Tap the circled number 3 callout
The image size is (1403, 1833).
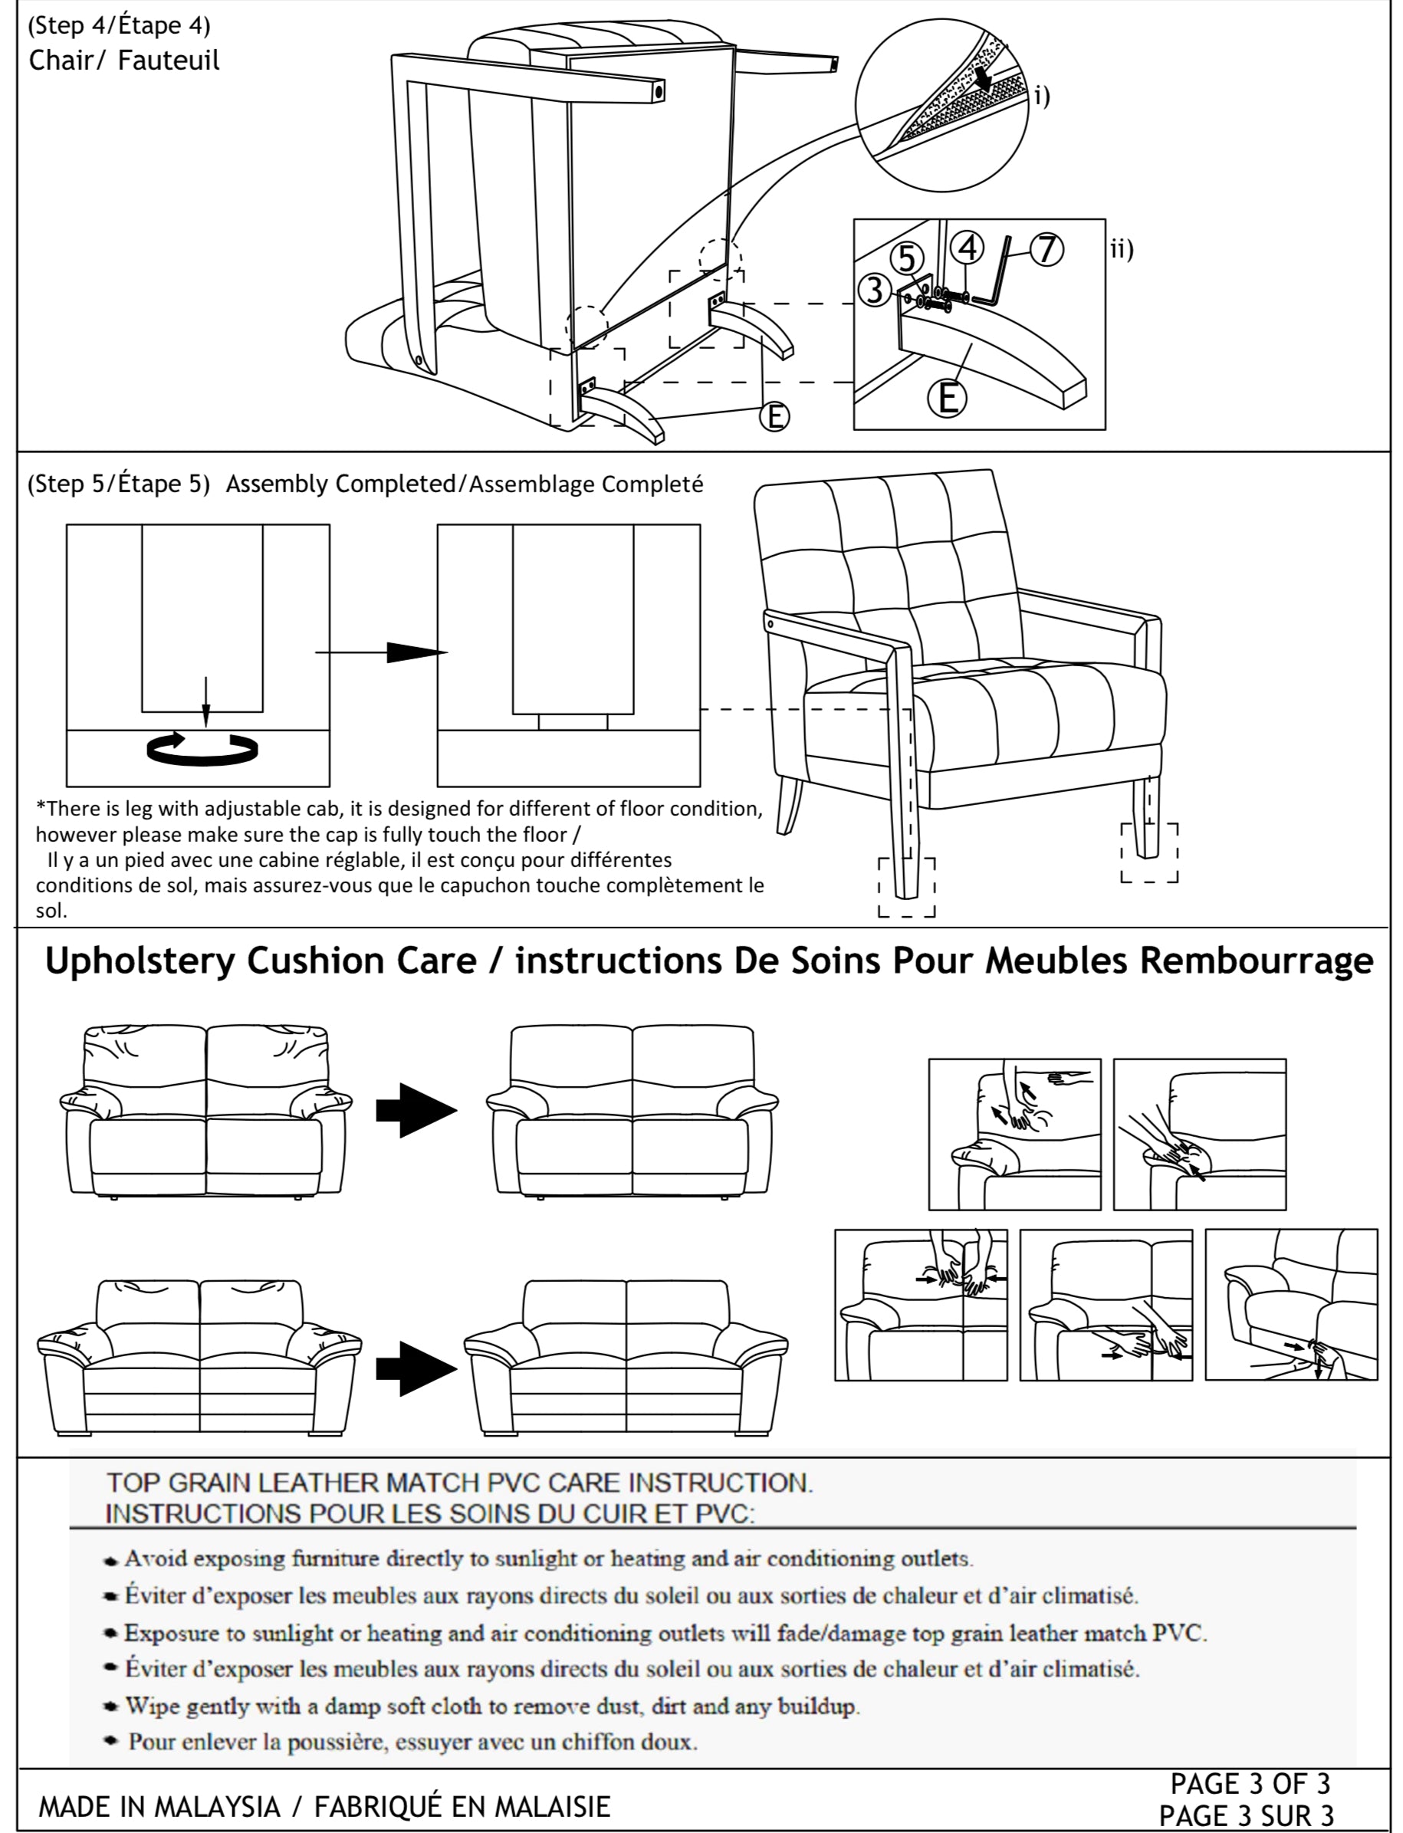coord(874,290)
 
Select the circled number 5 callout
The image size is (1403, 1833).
coord(907,259)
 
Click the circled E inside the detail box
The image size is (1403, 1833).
coord(947,399)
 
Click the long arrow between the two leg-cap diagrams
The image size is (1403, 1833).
coord(380,652)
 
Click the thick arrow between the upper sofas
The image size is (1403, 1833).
coord(416,1110)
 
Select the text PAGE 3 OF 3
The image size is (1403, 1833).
coord(1250,1783)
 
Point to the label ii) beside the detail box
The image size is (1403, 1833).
coord(1122,249)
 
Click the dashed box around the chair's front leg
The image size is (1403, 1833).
coord(906,887)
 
